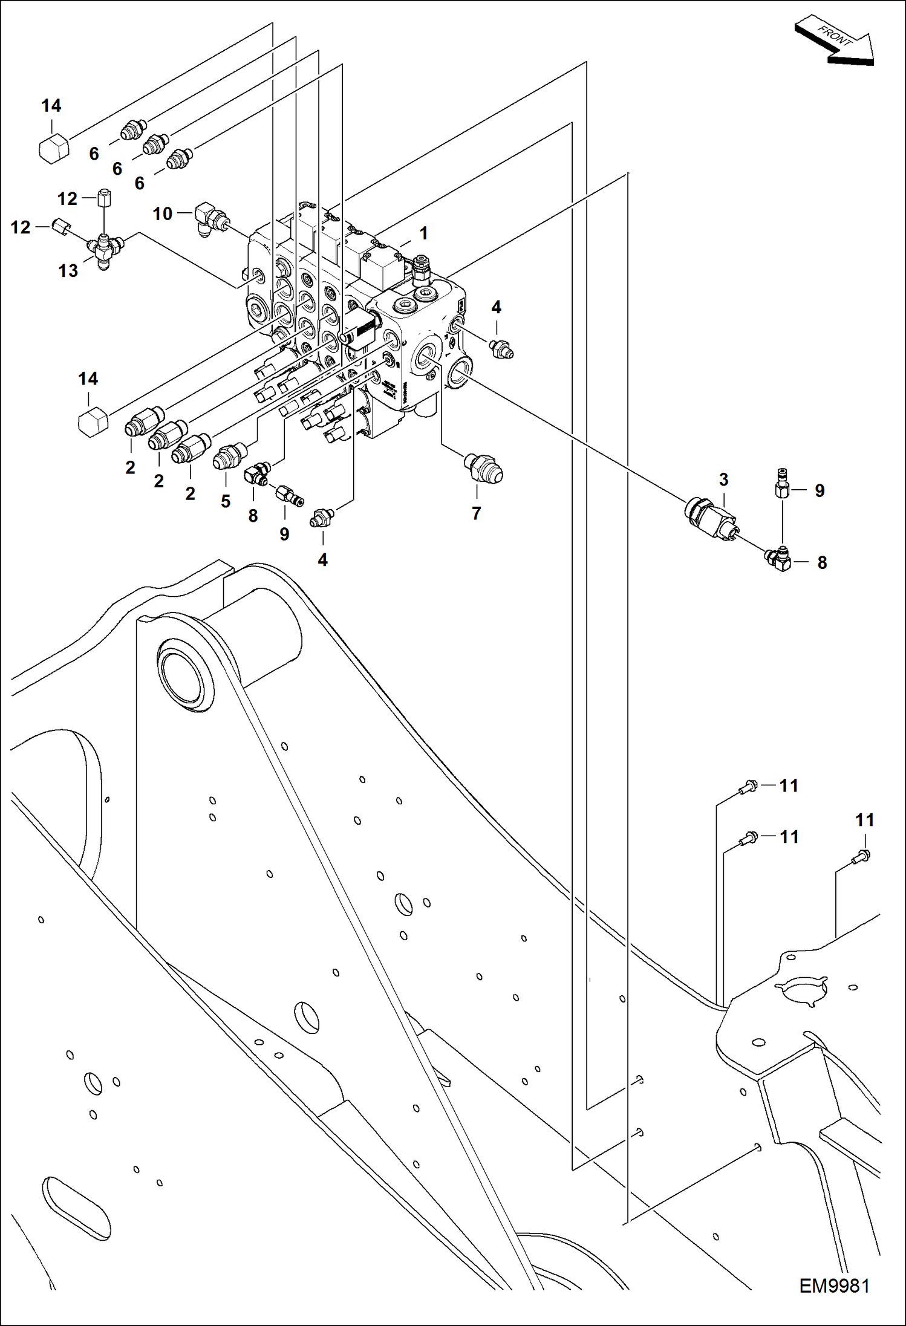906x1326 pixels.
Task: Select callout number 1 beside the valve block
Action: [x=424, y=233]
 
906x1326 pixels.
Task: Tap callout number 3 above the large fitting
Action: [x=723, y=479]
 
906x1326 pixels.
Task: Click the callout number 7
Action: [x=477, y=513]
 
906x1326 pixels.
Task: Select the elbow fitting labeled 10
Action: [x=209, y=219]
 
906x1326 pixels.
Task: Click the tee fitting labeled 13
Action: [x=105, y=249]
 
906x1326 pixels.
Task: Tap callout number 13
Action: [x=68, y=270]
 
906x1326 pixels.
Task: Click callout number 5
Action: [x=226, y=501]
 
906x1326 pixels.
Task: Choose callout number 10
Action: [x=162, y=213]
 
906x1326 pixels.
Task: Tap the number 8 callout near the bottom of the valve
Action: [x=253, y=516]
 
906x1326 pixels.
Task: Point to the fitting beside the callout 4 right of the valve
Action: [x=502, y=349]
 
